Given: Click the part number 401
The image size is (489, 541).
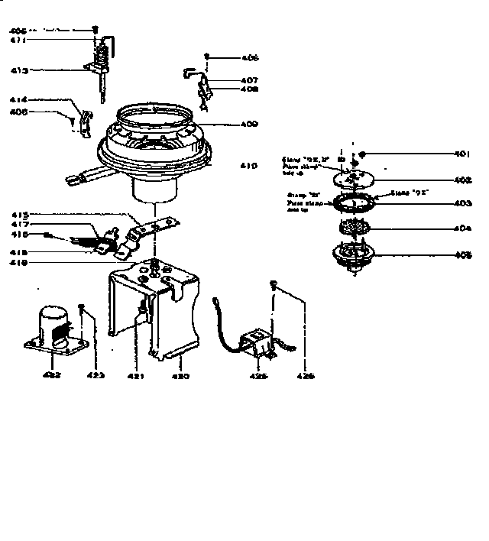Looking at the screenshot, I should (x=461, y=154).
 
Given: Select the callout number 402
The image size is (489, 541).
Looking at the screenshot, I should (x=461, y=180).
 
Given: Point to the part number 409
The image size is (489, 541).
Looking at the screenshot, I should (x=248, y=124).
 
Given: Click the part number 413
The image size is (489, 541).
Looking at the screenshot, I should (x=19, y=70).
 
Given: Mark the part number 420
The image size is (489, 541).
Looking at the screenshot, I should (x=180, y=376).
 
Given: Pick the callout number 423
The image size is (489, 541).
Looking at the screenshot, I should (x=95, y=376).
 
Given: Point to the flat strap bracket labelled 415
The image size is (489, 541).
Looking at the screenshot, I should (x=157, y=225).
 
